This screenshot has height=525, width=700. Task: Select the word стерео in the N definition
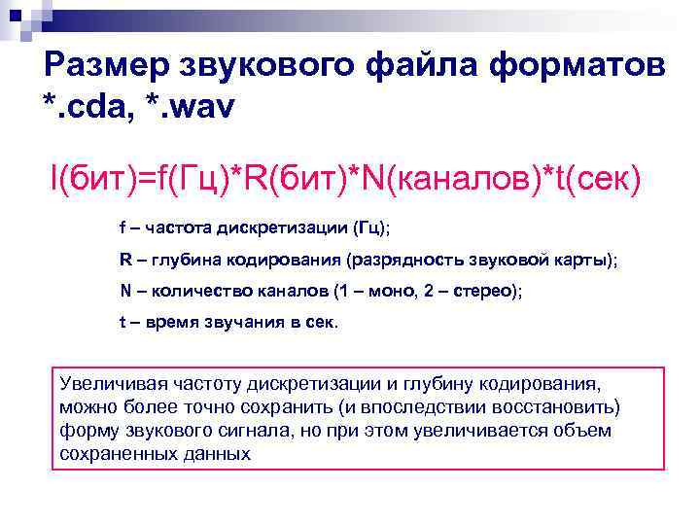(x=483, y=291)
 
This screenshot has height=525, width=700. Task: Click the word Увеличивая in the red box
(x=108, y=383)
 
